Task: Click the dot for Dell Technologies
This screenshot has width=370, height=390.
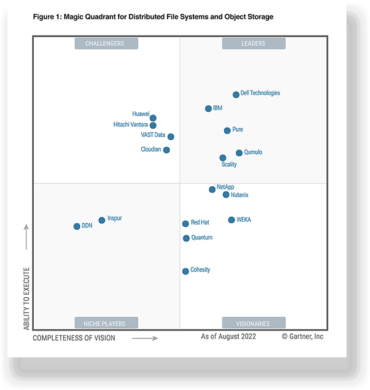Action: [x=236, y=94]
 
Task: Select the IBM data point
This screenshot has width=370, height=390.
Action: [x=208, y=108]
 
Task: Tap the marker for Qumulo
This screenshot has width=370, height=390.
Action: [x=239, y=153]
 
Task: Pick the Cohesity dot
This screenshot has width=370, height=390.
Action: [x=185, y=271]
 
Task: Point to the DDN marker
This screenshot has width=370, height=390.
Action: [x=77, y=226]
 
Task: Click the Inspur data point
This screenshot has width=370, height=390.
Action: [x=102, y=220]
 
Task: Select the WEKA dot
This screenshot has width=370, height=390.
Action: [x=231, y=220]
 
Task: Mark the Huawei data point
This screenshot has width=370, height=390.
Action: [x=153, y=118]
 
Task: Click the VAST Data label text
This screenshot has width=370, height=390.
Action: [x=153, y=135]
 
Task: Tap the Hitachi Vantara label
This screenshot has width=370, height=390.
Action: [x=131, y=124]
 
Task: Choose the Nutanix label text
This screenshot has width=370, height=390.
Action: [x=240, y=195]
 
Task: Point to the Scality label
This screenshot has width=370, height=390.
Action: [x=229, y=164]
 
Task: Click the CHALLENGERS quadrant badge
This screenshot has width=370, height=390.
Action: [x=107, y=44]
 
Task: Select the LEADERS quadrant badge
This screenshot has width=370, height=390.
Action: [x=253, y=44]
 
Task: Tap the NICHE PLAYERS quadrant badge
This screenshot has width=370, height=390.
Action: [x=107, y=322]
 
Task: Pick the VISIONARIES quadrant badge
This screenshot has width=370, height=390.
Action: [x=253, y=322]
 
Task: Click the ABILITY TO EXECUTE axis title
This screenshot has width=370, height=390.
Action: [x=26, y=298]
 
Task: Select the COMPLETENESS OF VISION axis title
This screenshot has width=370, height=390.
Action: [x=74, y=338]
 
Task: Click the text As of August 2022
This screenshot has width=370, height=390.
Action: [x=228, y=337]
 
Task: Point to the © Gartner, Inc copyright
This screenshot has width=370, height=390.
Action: [x=302, y=337]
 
